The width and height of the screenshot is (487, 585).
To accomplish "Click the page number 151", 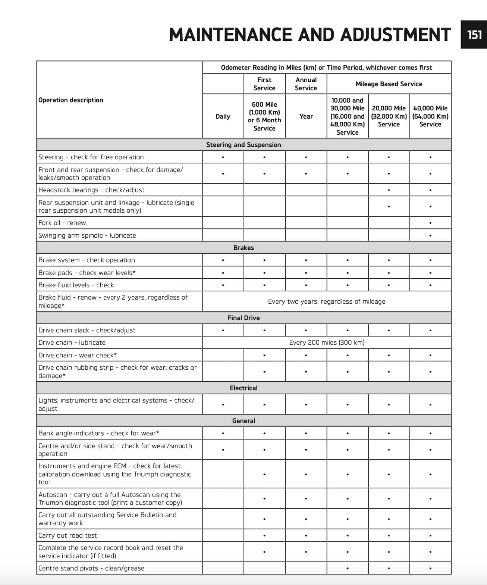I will [474, 35].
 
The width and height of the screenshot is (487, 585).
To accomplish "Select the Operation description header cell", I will [71, 100].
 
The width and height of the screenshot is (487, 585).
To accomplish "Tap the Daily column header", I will [223, 116].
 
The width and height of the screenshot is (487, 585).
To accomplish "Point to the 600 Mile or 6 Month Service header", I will [264, 116].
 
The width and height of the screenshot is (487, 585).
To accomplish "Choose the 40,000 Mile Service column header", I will [430, 116].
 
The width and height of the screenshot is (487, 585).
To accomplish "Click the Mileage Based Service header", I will [389, 84].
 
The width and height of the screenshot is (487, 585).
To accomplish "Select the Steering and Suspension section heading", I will [243, 145].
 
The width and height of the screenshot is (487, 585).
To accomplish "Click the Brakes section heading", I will [243, 248].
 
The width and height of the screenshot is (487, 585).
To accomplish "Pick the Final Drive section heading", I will [243, 318].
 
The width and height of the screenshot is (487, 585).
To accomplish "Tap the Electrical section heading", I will [243, 388].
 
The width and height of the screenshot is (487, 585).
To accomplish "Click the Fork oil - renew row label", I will [62, 223].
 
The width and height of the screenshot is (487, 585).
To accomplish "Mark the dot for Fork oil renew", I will [430, 223].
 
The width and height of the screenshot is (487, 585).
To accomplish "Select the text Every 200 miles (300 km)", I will [327, 342].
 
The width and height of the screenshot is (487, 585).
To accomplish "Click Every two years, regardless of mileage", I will [327, 301].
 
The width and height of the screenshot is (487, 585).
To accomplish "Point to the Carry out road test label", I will [67, 535].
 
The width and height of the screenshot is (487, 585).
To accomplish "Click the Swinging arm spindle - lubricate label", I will [87, 235].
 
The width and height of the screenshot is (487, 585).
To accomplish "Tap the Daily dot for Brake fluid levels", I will [223, 285].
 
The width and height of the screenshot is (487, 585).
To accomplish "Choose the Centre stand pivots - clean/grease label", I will [91, 568].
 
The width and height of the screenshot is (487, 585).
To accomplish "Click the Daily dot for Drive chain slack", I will [223, 331].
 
